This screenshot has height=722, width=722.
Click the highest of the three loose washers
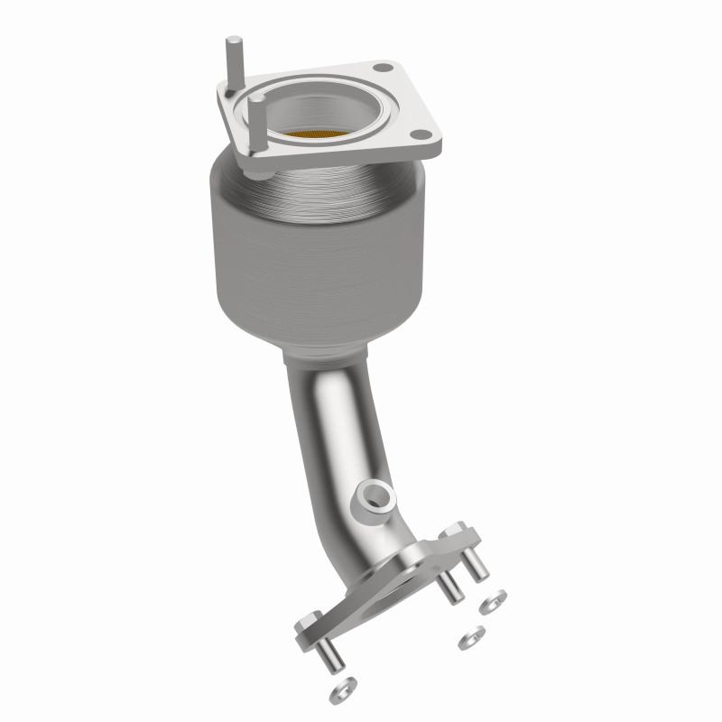point(495,599)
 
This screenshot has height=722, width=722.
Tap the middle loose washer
point(468,639)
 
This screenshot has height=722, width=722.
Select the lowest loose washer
point(341,691)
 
